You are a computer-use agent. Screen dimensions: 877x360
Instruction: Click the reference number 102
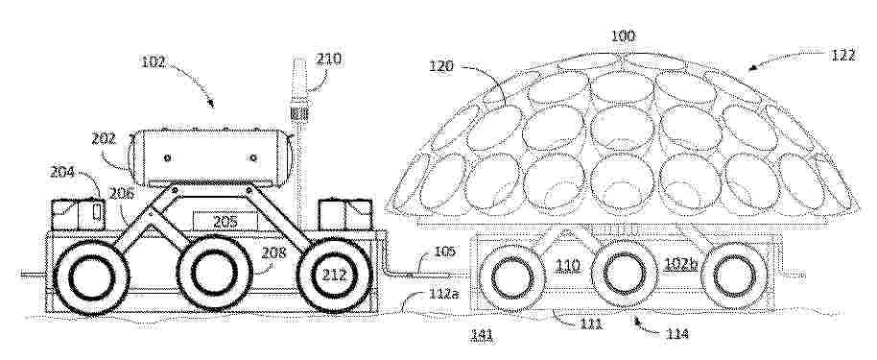tap(153, 61)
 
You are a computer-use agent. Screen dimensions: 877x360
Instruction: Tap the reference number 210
tap(328, 59)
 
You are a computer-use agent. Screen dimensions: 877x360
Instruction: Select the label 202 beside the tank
tap(104, 139)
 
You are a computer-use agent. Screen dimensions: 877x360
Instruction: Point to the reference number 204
tap(62, 172)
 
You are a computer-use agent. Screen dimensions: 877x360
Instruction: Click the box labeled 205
tap(225, 221)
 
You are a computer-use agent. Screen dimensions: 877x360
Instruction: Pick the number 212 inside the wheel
tap(335, 276)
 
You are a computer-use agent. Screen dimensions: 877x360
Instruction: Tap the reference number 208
tap(274, 253)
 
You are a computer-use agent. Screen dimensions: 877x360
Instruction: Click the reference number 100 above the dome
tap(623, 36)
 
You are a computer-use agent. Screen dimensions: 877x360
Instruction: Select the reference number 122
tap(842, 55)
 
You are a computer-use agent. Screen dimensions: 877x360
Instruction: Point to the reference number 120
tap(441, 65)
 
